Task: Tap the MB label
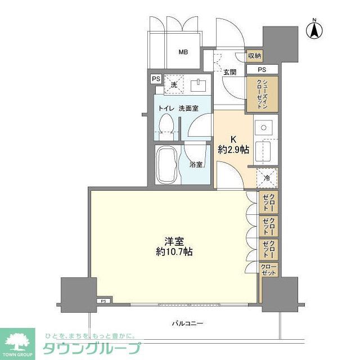[x=183, y=52]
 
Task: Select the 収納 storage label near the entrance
[x=255, y=56]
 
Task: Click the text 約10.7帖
[x=174, y=252]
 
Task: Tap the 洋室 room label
[x=174, y=240]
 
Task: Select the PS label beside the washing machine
[x=156, y=79]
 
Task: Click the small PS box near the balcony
[x=103, y=301]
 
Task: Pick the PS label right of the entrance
[x=262, y=69]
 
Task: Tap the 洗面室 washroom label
[x=188, y=107]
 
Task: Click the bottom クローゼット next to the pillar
[x=269, y=269]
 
